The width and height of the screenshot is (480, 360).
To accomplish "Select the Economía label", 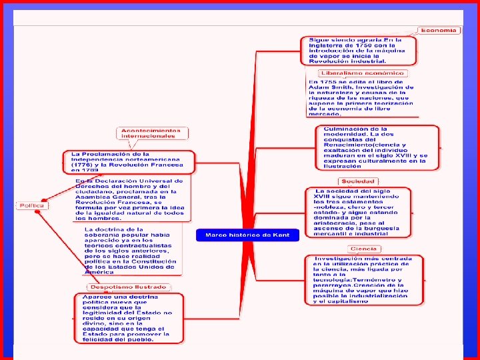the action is click(x=439, y=30).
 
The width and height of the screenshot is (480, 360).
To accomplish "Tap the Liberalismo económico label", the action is click(x=362, y=73).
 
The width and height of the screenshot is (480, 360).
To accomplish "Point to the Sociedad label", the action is click(x=358, y=181).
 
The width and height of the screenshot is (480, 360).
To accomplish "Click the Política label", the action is click(x=31, y=205).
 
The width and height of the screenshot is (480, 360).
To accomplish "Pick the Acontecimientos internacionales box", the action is click(x=151, y=133).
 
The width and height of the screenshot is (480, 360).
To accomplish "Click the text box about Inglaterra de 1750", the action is click(x=361, y=51).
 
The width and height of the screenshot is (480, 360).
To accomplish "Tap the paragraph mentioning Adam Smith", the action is click(x=361, y=97).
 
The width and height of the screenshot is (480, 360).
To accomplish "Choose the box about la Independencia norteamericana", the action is click(x=129, y=162).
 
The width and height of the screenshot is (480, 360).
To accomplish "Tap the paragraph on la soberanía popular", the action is click(x=129, y=250).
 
